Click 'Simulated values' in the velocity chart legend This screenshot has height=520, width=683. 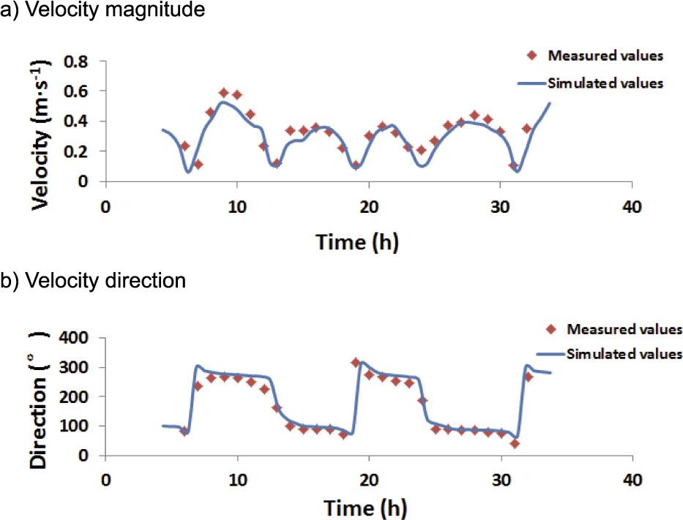605,83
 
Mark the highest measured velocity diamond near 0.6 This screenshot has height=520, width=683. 224,93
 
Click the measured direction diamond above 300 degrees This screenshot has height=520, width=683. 356,363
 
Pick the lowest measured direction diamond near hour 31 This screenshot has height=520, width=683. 515,444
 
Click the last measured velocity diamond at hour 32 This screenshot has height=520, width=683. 526,129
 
